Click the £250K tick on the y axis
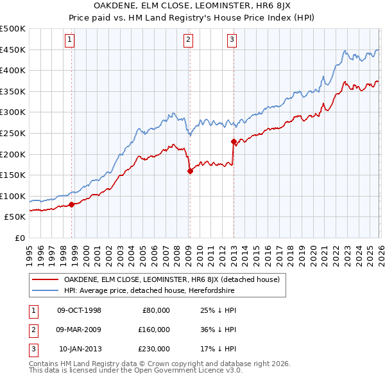point(13,133)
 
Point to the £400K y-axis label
point(13,71)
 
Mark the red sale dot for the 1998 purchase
point(71,205)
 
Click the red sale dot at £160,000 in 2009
point(190,171)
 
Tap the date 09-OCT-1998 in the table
point(79,310)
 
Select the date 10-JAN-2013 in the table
point(80,349)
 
